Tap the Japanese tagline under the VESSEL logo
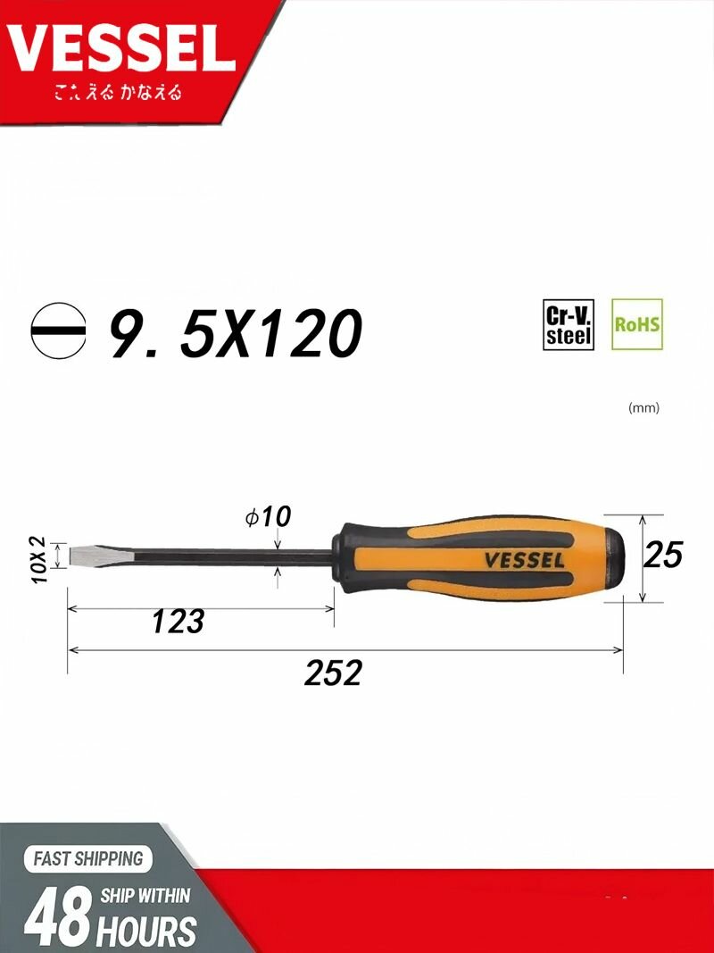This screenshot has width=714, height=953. tap(118, 93)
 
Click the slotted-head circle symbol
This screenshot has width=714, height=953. tap(58, 331)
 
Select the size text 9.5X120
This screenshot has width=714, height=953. tap(236, 332)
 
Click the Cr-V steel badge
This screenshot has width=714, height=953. tap(569, 324)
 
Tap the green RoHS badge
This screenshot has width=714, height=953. tap(637, 324)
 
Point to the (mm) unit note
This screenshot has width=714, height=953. tap(643, 408)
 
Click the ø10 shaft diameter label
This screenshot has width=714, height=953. tap(268, 517)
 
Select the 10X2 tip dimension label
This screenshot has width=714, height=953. tap(38, 560)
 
